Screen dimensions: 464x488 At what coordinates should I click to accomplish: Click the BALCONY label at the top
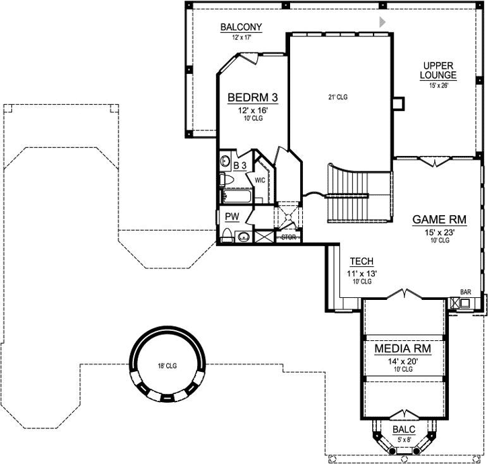point(240,27)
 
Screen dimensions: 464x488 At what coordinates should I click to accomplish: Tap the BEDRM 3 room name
point(253,98)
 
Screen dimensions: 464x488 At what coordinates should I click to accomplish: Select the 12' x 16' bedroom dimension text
point(253,110)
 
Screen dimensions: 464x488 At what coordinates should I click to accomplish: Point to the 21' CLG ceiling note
point(337,98)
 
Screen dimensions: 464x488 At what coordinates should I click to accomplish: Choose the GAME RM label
point(439,220)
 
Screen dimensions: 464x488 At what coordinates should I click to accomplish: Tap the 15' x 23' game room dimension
point(439,233)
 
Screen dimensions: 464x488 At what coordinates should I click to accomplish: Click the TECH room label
point(361,262)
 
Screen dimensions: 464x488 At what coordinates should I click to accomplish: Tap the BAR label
point(465,292)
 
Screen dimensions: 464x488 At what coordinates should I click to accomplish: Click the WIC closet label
point(260,180)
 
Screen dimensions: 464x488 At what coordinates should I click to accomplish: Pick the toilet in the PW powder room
point(228,236)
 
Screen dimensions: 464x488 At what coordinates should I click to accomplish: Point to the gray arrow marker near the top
point(382,22)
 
